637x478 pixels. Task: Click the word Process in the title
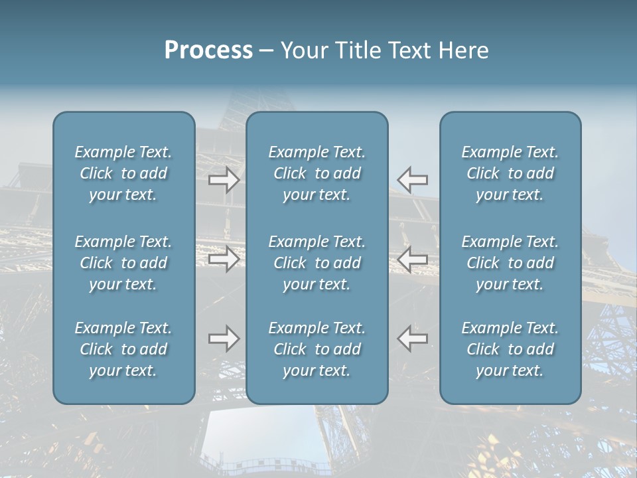(x=208, y=50)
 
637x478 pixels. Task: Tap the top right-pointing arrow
(x=224, y=179)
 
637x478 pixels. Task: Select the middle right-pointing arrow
(x=224, y=259)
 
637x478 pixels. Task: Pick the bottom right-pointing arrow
(x=224, y=339)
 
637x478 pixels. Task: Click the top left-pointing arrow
(x=413, y=179)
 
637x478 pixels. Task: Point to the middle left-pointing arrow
(x=413, y=259)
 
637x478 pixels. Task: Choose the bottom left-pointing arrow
(x=413, y=339)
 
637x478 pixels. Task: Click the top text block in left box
(x=123, y=173)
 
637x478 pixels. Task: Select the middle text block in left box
(x=123, y=263)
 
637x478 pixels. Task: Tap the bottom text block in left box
(x=123, y=349)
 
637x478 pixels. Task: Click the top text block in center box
(x=317, y=173)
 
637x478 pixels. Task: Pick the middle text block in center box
(x=317, y=263)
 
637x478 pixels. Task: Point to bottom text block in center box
(x=317, y=349)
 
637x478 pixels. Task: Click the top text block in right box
(x=510, y=173)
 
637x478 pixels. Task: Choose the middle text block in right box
(x=510, y=263)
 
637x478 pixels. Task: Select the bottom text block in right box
(x=510, y=349)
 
